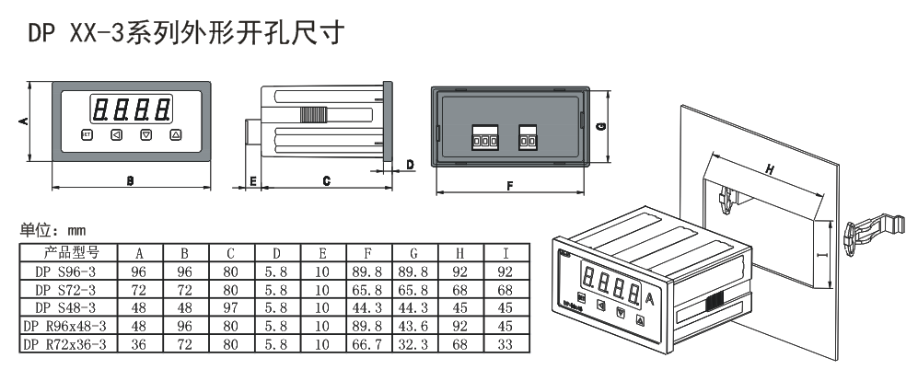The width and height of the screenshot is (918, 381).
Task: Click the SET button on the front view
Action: [x=87, y=135]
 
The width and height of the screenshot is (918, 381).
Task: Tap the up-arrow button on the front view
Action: [x=175, y=135]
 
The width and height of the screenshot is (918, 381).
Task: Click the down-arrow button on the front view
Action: [x=145, y=135]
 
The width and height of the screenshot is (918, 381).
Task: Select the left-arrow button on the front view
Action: [x=116, y=135]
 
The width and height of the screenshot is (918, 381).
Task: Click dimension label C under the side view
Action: [x=326, y=182]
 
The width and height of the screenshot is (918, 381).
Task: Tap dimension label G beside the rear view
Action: [x=599, y=127]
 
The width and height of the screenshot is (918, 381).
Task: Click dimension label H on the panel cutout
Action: [x=767, y=168]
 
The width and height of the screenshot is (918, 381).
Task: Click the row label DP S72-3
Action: [x=65, y=290]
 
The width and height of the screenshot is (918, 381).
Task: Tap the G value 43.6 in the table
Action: [x=411, y=327]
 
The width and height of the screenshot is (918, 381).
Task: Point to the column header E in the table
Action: [x=321, y=253]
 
